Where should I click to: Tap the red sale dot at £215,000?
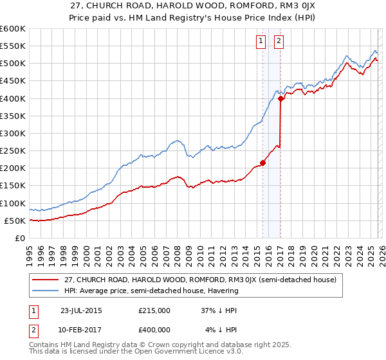point(263,163)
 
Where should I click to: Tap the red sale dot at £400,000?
point(281,98)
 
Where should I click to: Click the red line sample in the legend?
point(46,280)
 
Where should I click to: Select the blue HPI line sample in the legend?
point(46,291)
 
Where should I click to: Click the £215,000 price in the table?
point(154,310)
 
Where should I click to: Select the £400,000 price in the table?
point(154,330)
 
